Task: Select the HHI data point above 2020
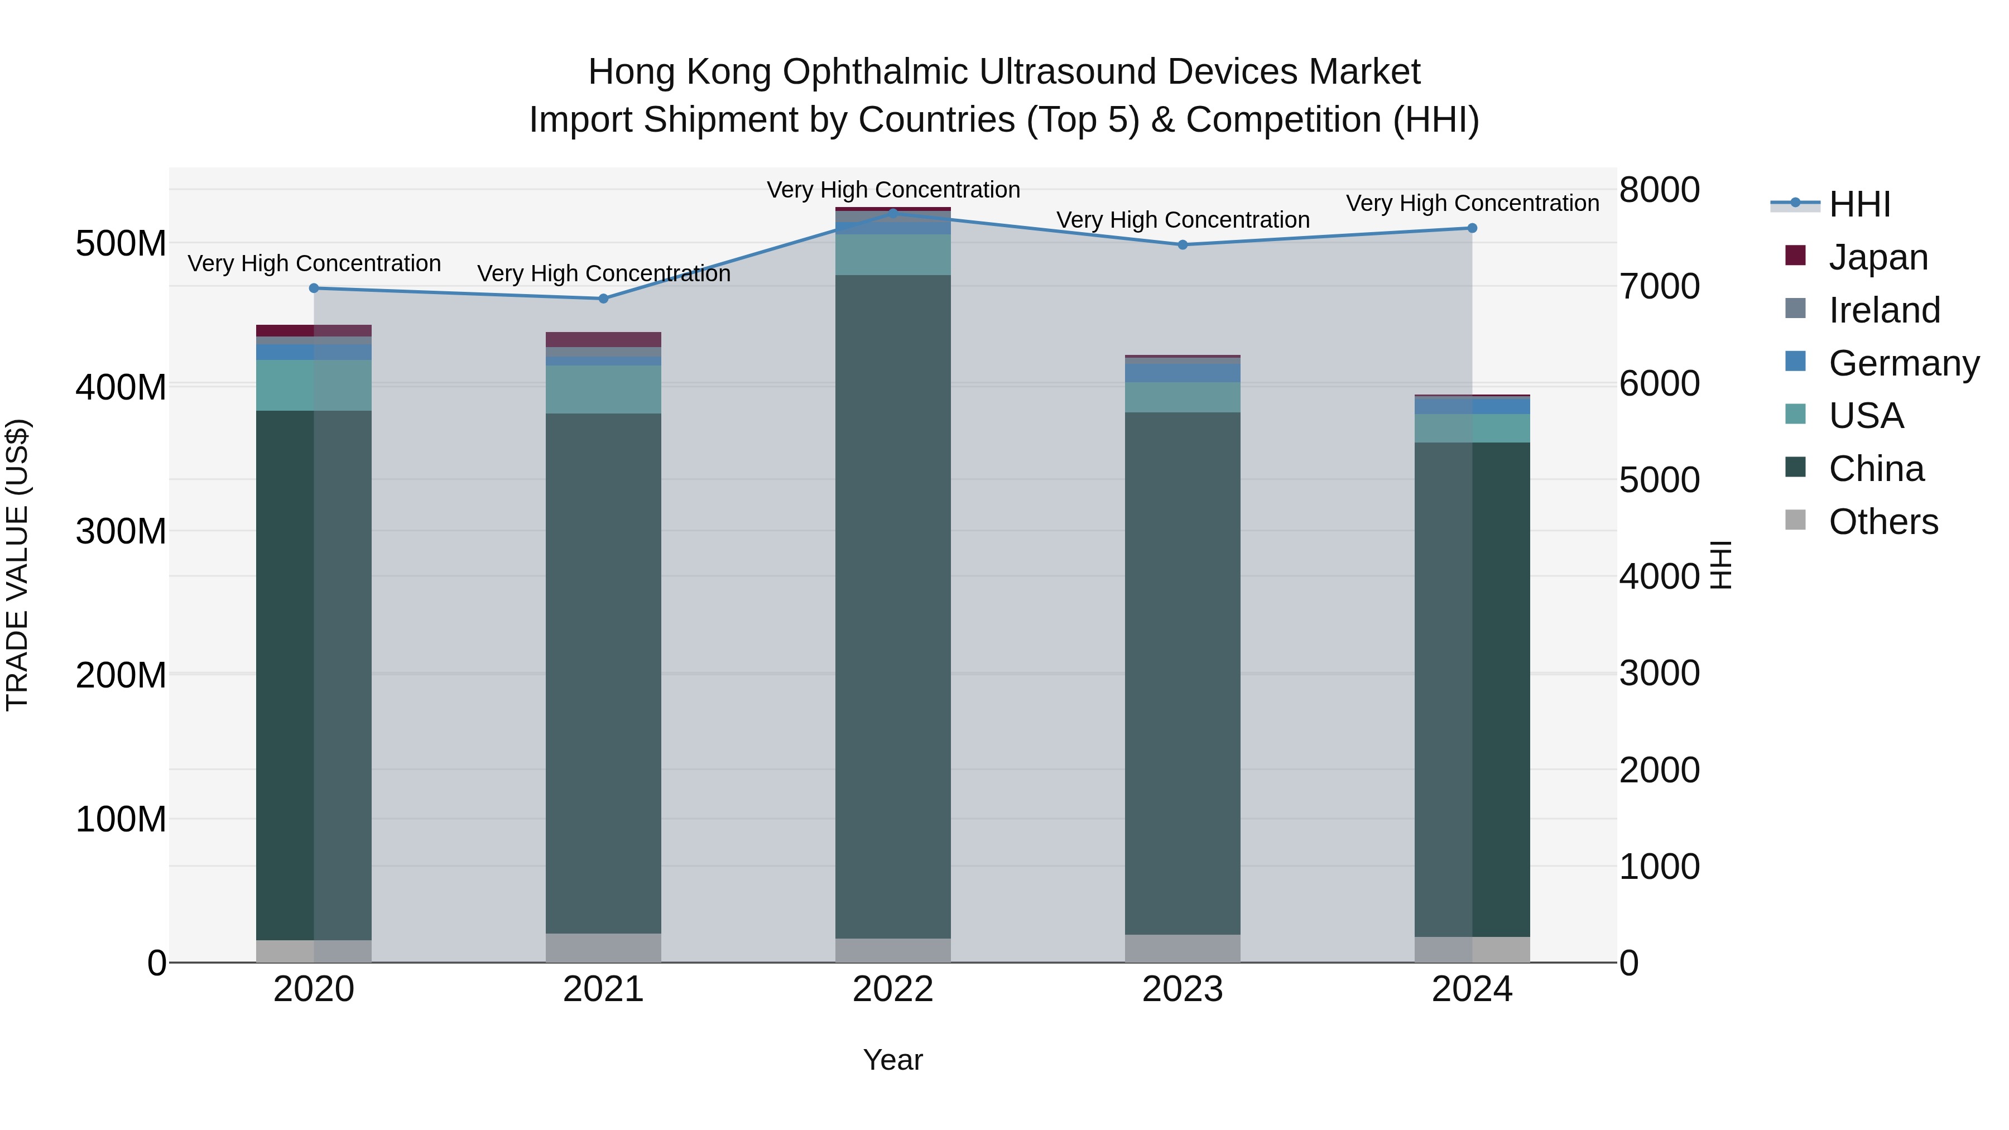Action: point(314,288)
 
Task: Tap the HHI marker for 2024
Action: point(1472,228)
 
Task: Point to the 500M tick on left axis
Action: point(121,243)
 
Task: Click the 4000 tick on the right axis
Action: point(1659,576)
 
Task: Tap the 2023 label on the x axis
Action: point(1183,989)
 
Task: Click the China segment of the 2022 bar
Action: point(893,608)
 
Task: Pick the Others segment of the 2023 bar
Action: point(1183,948)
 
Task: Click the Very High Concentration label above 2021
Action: point(604,274)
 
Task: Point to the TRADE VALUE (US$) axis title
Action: point(17,565)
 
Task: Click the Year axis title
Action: point(893,1060)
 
